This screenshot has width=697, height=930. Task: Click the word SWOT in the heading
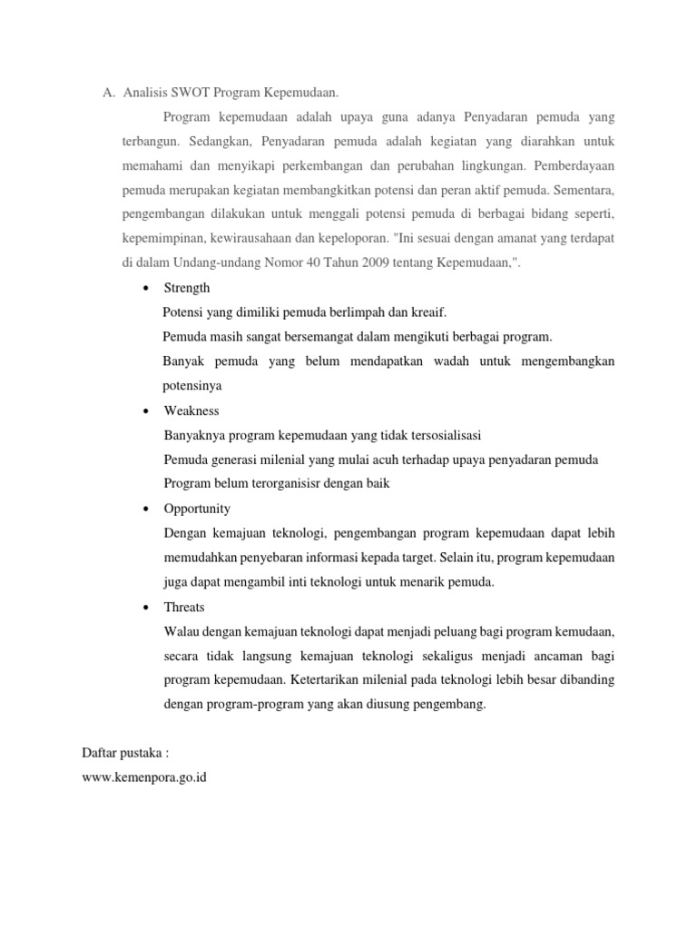pyautogui.click(x=192, y=93)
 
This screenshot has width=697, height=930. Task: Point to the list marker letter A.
pyautogui.click(x=107, y=93)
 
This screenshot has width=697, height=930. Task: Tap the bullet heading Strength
pyautogui.click(x=187, y=288)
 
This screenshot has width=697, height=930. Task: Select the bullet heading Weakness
pyautogui.click(x=191, y=411)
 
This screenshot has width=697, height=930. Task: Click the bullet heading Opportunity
pyautogui.click(x=197, y=509)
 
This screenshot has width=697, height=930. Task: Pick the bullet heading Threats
pyautogui.click(x=184, y=607)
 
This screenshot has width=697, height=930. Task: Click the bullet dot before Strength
pyautogui.click(x=146, y=289)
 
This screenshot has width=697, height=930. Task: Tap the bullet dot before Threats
pyautogui.click(x=146, y=608)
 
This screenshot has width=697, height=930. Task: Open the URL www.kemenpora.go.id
pyautogui.click(x=144, y=778)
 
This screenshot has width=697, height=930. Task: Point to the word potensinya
pyautogui.click(x=192, y=386)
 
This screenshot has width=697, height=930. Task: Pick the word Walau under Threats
pyautogui.click(x=182, y=631)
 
